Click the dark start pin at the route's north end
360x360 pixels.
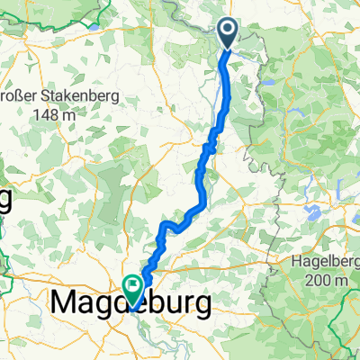227,34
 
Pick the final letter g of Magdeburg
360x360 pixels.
206,308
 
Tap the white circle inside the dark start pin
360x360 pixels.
227,31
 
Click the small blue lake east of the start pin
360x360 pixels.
268,82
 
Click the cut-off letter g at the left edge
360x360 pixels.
4,202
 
